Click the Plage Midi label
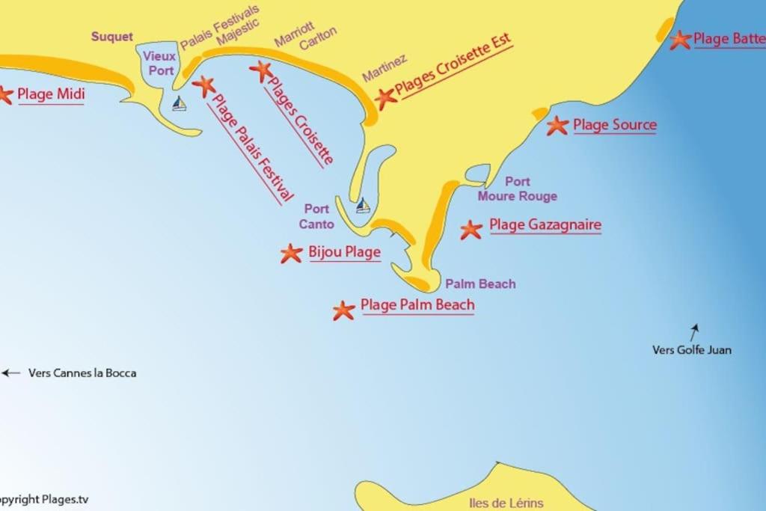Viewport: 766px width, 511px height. (x=51, y=94)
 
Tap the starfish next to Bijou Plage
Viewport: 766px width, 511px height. (x=291, y=254)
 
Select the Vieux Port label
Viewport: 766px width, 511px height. (x=159, y=63)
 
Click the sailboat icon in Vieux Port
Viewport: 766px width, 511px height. (x=179, y=103)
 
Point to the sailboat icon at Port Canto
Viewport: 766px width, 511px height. (x=363, y=205)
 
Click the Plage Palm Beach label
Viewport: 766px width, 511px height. (x=417, y=305)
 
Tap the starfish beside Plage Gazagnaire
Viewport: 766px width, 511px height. (x=471, y=230)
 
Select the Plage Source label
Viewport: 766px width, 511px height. (x=615, y=125)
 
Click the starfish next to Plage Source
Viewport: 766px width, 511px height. (x=557, y=126)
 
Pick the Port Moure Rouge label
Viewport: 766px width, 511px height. (x=518, y=189)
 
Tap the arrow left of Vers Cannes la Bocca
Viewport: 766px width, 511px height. (x=10, y=373)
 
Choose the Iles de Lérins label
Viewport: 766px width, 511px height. (x=506, y=503)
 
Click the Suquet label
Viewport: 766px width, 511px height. (x=112, y=37)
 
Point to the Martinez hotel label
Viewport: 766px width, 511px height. (x=384, y=68)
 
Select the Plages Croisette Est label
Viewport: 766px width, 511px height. (x=453, y=67)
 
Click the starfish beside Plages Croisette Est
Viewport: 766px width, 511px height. (x=385, y=97)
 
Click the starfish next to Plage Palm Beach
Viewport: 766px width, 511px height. (x=343, y=310)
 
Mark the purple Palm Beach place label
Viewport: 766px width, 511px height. (x=480, y=284)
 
